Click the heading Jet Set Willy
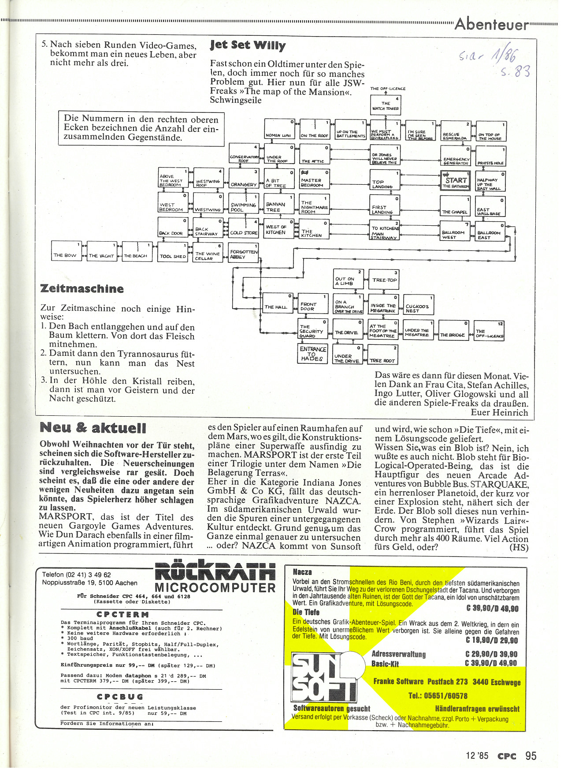click(248, 45)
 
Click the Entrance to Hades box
click(312, 354)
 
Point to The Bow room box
click(67, 251)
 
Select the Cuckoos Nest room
click(418, 304)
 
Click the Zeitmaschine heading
click(82, 289)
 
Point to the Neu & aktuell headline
click(93, 428)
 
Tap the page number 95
click(531, 756)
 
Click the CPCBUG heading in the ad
click(120, 697)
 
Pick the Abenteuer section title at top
click(491, 24)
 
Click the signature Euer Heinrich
click(499, 413)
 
